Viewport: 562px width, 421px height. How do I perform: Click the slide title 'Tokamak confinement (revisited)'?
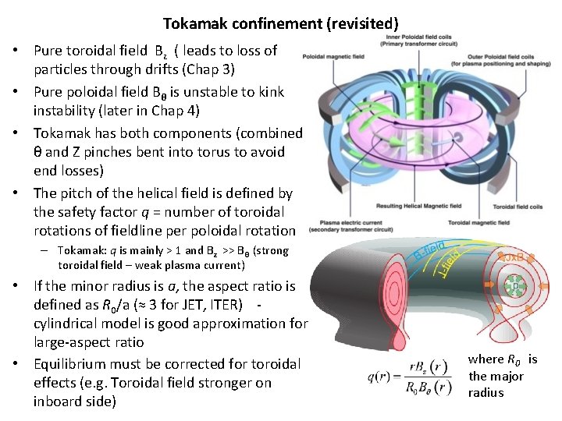tap(280, 24)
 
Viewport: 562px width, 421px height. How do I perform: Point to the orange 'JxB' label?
tap(512, 257)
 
